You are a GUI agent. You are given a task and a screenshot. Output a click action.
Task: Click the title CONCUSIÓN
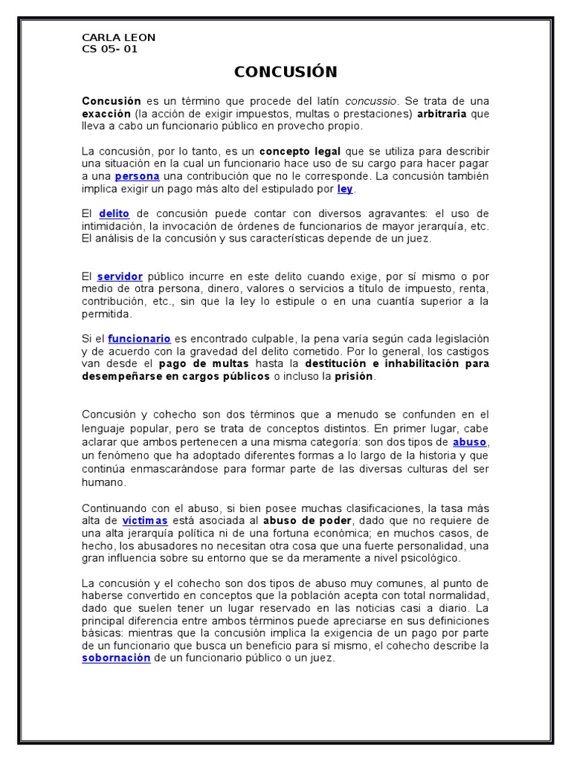pyautogui.click(x=285, y=71)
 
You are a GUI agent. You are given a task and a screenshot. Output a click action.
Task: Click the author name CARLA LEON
pyautogui.click(x=118, y=37)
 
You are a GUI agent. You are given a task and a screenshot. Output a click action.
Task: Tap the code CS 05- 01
pyautogui.click(x=109, y=49)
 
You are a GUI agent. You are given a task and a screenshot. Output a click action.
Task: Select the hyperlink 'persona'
pyautogui.click(x=137, y=176)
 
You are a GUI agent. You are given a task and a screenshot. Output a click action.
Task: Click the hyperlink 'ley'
pyautogui.click(x=344, y=189)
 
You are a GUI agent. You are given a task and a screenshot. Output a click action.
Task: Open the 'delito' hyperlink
pyautogui.click(x=114, y=213)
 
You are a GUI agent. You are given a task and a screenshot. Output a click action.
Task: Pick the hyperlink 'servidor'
pyautogui.click(x=119, y=276)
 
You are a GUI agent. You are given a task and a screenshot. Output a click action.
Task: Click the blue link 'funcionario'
pyautogui.click(x=139, y=338)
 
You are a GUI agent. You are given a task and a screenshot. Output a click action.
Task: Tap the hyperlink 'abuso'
pyautogui.click(x=470, y=441)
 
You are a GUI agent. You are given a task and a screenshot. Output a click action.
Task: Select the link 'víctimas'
pyautogui.click(x=145, y=520)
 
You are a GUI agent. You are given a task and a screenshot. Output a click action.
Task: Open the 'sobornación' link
pyautogui.click(x=116, y=658)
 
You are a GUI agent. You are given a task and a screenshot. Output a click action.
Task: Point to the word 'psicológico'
pyautogui.click(x=429, y=558)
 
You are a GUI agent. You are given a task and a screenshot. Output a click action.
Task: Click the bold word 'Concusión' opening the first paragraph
pyautogui.click(x=111, y=100)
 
